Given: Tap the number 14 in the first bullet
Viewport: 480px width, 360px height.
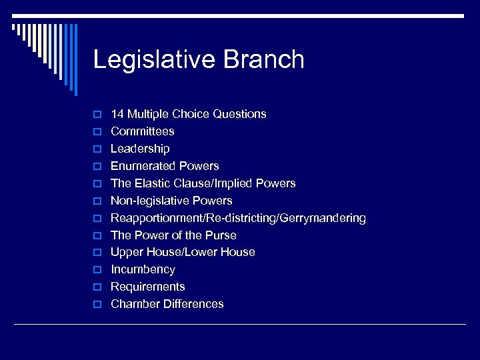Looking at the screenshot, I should [x=117, y=114].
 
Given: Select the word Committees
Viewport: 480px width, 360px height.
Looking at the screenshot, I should [x=143, y=131].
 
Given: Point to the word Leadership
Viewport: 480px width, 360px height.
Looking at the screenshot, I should [x=140, y=149].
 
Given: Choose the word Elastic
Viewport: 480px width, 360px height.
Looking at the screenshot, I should [x=154, y=183].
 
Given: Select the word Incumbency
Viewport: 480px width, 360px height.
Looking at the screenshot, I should [x=143, y=269].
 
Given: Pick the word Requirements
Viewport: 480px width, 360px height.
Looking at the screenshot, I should [x=148, y=287].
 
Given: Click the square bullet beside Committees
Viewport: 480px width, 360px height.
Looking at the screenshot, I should [x=97, y=132].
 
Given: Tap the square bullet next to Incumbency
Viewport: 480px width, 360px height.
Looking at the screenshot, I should [x=97, y=270].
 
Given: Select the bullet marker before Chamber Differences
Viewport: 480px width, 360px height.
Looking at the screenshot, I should [x=97, y=305].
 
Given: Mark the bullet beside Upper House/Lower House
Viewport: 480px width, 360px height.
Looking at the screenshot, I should [x=97, y=253].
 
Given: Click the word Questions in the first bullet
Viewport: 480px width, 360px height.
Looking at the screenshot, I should [x=239, y=114].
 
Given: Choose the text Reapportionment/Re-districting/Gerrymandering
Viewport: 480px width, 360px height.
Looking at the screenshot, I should [x=238, y=218].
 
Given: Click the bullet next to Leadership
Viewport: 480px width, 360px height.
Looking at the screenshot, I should [x=97, y=149].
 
